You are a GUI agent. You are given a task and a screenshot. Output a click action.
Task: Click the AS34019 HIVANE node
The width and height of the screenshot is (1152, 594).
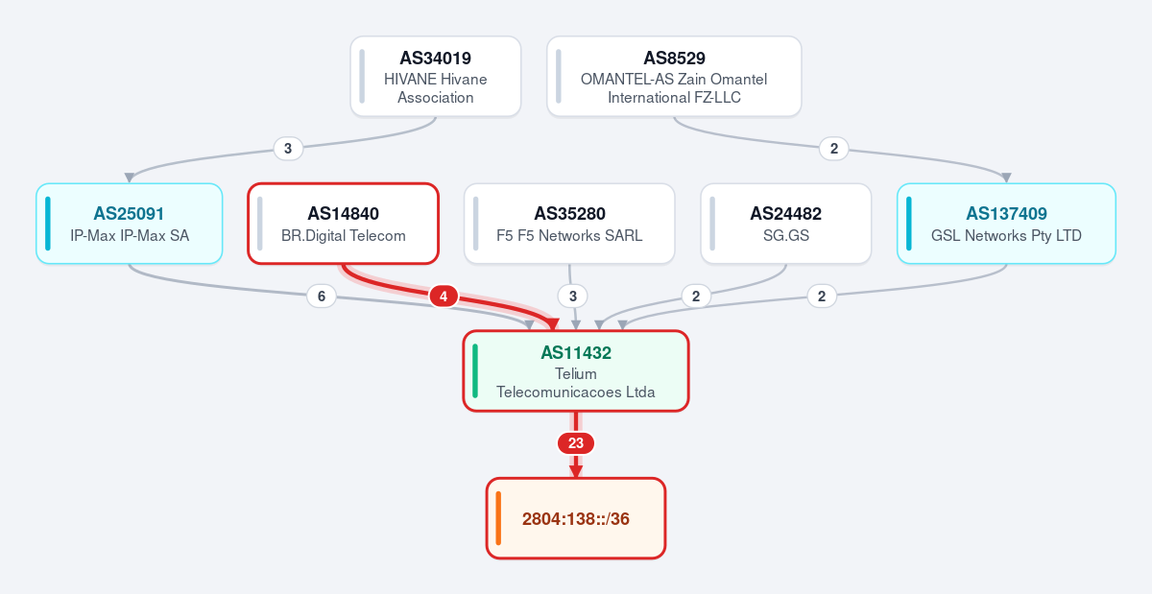click(x=436, y=76)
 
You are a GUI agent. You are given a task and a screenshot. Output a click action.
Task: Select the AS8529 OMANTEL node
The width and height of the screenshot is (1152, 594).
click(x=674, y=76)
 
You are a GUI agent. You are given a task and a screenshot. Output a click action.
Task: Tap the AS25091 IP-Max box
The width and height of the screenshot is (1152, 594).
click(x=129, y=224)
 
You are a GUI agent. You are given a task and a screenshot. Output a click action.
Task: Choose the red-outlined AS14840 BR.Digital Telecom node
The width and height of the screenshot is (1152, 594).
click(x=343, y=224)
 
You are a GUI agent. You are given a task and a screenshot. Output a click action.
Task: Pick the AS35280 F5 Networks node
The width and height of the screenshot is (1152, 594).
click(x=569, y=224)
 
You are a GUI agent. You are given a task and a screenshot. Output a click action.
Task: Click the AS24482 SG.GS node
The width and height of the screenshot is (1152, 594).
click(x=786, y=224)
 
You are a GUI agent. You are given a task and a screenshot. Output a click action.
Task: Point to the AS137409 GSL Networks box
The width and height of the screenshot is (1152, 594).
click(x=1006, y=224)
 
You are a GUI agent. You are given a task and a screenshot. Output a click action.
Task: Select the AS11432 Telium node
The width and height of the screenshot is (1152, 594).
click(x=576, y=370)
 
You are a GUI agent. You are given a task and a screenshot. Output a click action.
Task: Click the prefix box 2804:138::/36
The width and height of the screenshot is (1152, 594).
click(x=576, y=518)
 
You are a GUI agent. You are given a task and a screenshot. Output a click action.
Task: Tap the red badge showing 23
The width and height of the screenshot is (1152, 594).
click(x=576, y=443)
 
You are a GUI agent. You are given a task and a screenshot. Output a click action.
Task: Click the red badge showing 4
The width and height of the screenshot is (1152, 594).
click(x=444, y=297)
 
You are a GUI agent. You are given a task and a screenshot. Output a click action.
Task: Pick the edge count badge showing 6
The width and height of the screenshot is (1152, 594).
click(x=322, y=297)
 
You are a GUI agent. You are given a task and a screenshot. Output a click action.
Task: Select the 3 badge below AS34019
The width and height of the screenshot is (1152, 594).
click(x=288, y=149)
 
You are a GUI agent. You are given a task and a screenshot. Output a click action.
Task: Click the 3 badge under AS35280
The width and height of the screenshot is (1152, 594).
click(x=573, y=297)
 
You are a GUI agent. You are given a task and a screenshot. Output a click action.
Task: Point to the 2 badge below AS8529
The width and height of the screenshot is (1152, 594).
click(x=834, y=149)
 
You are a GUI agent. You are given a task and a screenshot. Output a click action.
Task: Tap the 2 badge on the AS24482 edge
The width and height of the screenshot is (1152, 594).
click(x=696, y=297)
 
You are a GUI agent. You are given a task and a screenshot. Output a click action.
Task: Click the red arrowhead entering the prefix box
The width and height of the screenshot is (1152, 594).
click(x=576, y=471)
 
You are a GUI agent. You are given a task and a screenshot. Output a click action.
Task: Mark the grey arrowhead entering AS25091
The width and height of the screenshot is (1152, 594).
click(x=130, y=178)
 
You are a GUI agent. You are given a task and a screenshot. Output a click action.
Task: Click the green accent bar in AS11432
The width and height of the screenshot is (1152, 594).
click(x=475, y=370)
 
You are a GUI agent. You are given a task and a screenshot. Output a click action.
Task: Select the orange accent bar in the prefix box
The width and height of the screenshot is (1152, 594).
click(x=498, y=518)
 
